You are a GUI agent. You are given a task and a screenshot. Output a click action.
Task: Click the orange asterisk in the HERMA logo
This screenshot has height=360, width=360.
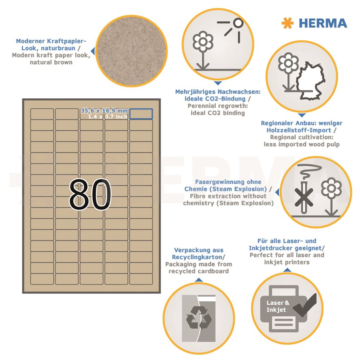coord(287,23)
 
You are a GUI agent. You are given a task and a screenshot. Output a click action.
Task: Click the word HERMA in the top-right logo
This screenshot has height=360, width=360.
coord(323,23)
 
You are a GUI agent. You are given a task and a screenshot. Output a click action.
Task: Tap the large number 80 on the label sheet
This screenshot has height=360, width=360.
coord(90,194)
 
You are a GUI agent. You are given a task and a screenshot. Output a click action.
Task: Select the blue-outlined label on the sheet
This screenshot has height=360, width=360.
coord(141,114)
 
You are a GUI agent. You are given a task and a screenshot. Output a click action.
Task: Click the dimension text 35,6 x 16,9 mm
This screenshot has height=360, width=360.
coord(104,111)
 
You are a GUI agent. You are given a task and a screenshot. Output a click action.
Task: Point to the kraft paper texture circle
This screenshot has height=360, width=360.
coord(131,51)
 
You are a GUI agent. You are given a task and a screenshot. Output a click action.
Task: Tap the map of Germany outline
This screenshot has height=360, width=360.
coord(310,80)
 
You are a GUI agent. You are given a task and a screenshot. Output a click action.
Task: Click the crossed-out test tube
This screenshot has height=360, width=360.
coord(303,197)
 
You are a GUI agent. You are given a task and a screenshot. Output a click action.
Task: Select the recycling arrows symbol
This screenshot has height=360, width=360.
coord(199,318)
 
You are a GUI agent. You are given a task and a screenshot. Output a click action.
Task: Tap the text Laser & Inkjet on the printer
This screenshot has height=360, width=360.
coord(278,306)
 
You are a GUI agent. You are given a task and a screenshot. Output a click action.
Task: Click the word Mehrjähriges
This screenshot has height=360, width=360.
coord(195,92)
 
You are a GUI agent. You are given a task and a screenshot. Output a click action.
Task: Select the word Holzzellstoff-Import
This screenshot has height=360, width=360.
coord(299,130)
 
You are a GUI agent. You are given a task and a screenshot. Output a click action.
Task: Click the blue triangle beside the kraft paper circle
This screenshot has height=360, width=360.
coord(93,51)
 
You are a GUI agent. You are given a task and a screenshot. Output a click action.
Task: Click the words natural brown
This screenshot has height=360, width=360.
coord(51,62)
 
